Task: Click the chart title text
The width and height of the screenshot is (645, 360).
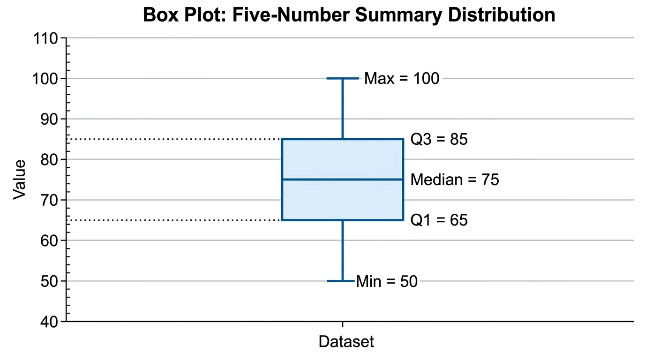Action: (349, 15)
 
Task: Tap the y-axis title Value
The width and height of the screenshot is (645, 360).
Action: (19, 180)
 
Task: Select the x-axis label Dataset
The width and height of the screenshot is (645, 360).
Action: (346, 342)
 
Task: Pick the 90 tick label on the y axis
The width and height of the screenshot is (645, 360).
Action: (50, 119)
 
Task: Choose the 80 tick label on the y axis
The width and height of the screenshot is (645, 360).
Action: (50, 159)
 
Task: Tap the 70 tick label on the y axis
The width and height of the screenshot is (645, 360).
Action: (50, 200)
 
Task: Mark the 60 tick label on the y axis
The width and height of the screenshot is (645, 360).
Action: (50, 240)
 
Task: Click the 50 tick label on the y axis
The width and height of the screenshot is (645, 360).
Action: (50, 281)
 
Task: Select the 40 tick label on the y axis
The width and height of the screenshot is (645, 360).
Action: (50, 322)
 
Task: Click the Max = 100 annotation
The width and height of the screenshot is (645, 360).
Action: (402, 79)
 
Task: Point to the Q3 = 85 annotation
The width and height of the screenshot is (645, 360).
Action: (439, 139)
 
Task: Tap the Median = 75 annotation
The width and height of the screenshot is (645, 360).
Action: (455, 180)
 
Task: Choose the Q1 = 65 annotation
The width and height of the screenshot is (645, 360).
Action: (439, 220)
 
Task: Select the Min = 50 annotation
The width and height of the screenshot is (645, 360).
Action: (387, 282)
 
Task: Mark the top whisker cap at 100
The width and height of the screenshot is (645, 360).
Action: (342, 78)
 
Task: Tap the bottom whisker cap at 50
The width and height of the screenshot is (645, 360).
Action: (341, 281)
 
